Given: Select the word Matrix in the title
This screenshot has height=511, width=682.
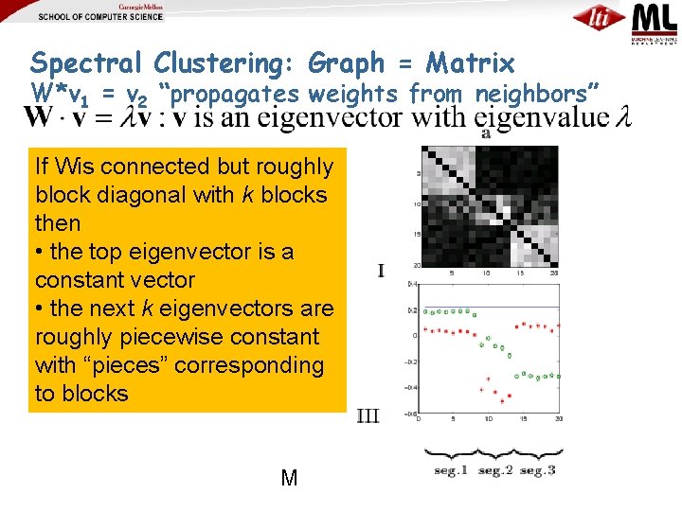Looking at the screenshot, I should coord(470,63).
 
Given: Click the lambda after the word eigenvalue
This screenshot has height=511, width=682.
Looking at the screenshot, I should coord(622,118).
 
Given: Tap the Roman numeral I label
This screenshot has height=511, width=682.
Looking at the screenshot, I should coord(381,272).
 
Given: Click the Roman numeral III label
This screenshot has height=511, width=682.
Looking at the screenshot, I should coord(369,415).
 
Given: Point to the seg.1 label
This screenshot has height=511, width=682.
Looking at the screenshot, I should coord(451,470).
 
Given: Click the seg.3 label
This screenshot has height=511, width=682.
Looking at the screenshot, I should coord(537,470).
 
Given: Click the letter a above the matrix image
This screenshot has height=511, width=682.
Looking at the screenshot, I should coord(486,134).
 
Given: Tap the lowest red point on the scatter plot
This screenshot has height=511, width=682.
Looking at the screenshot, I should coord(500,400).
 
